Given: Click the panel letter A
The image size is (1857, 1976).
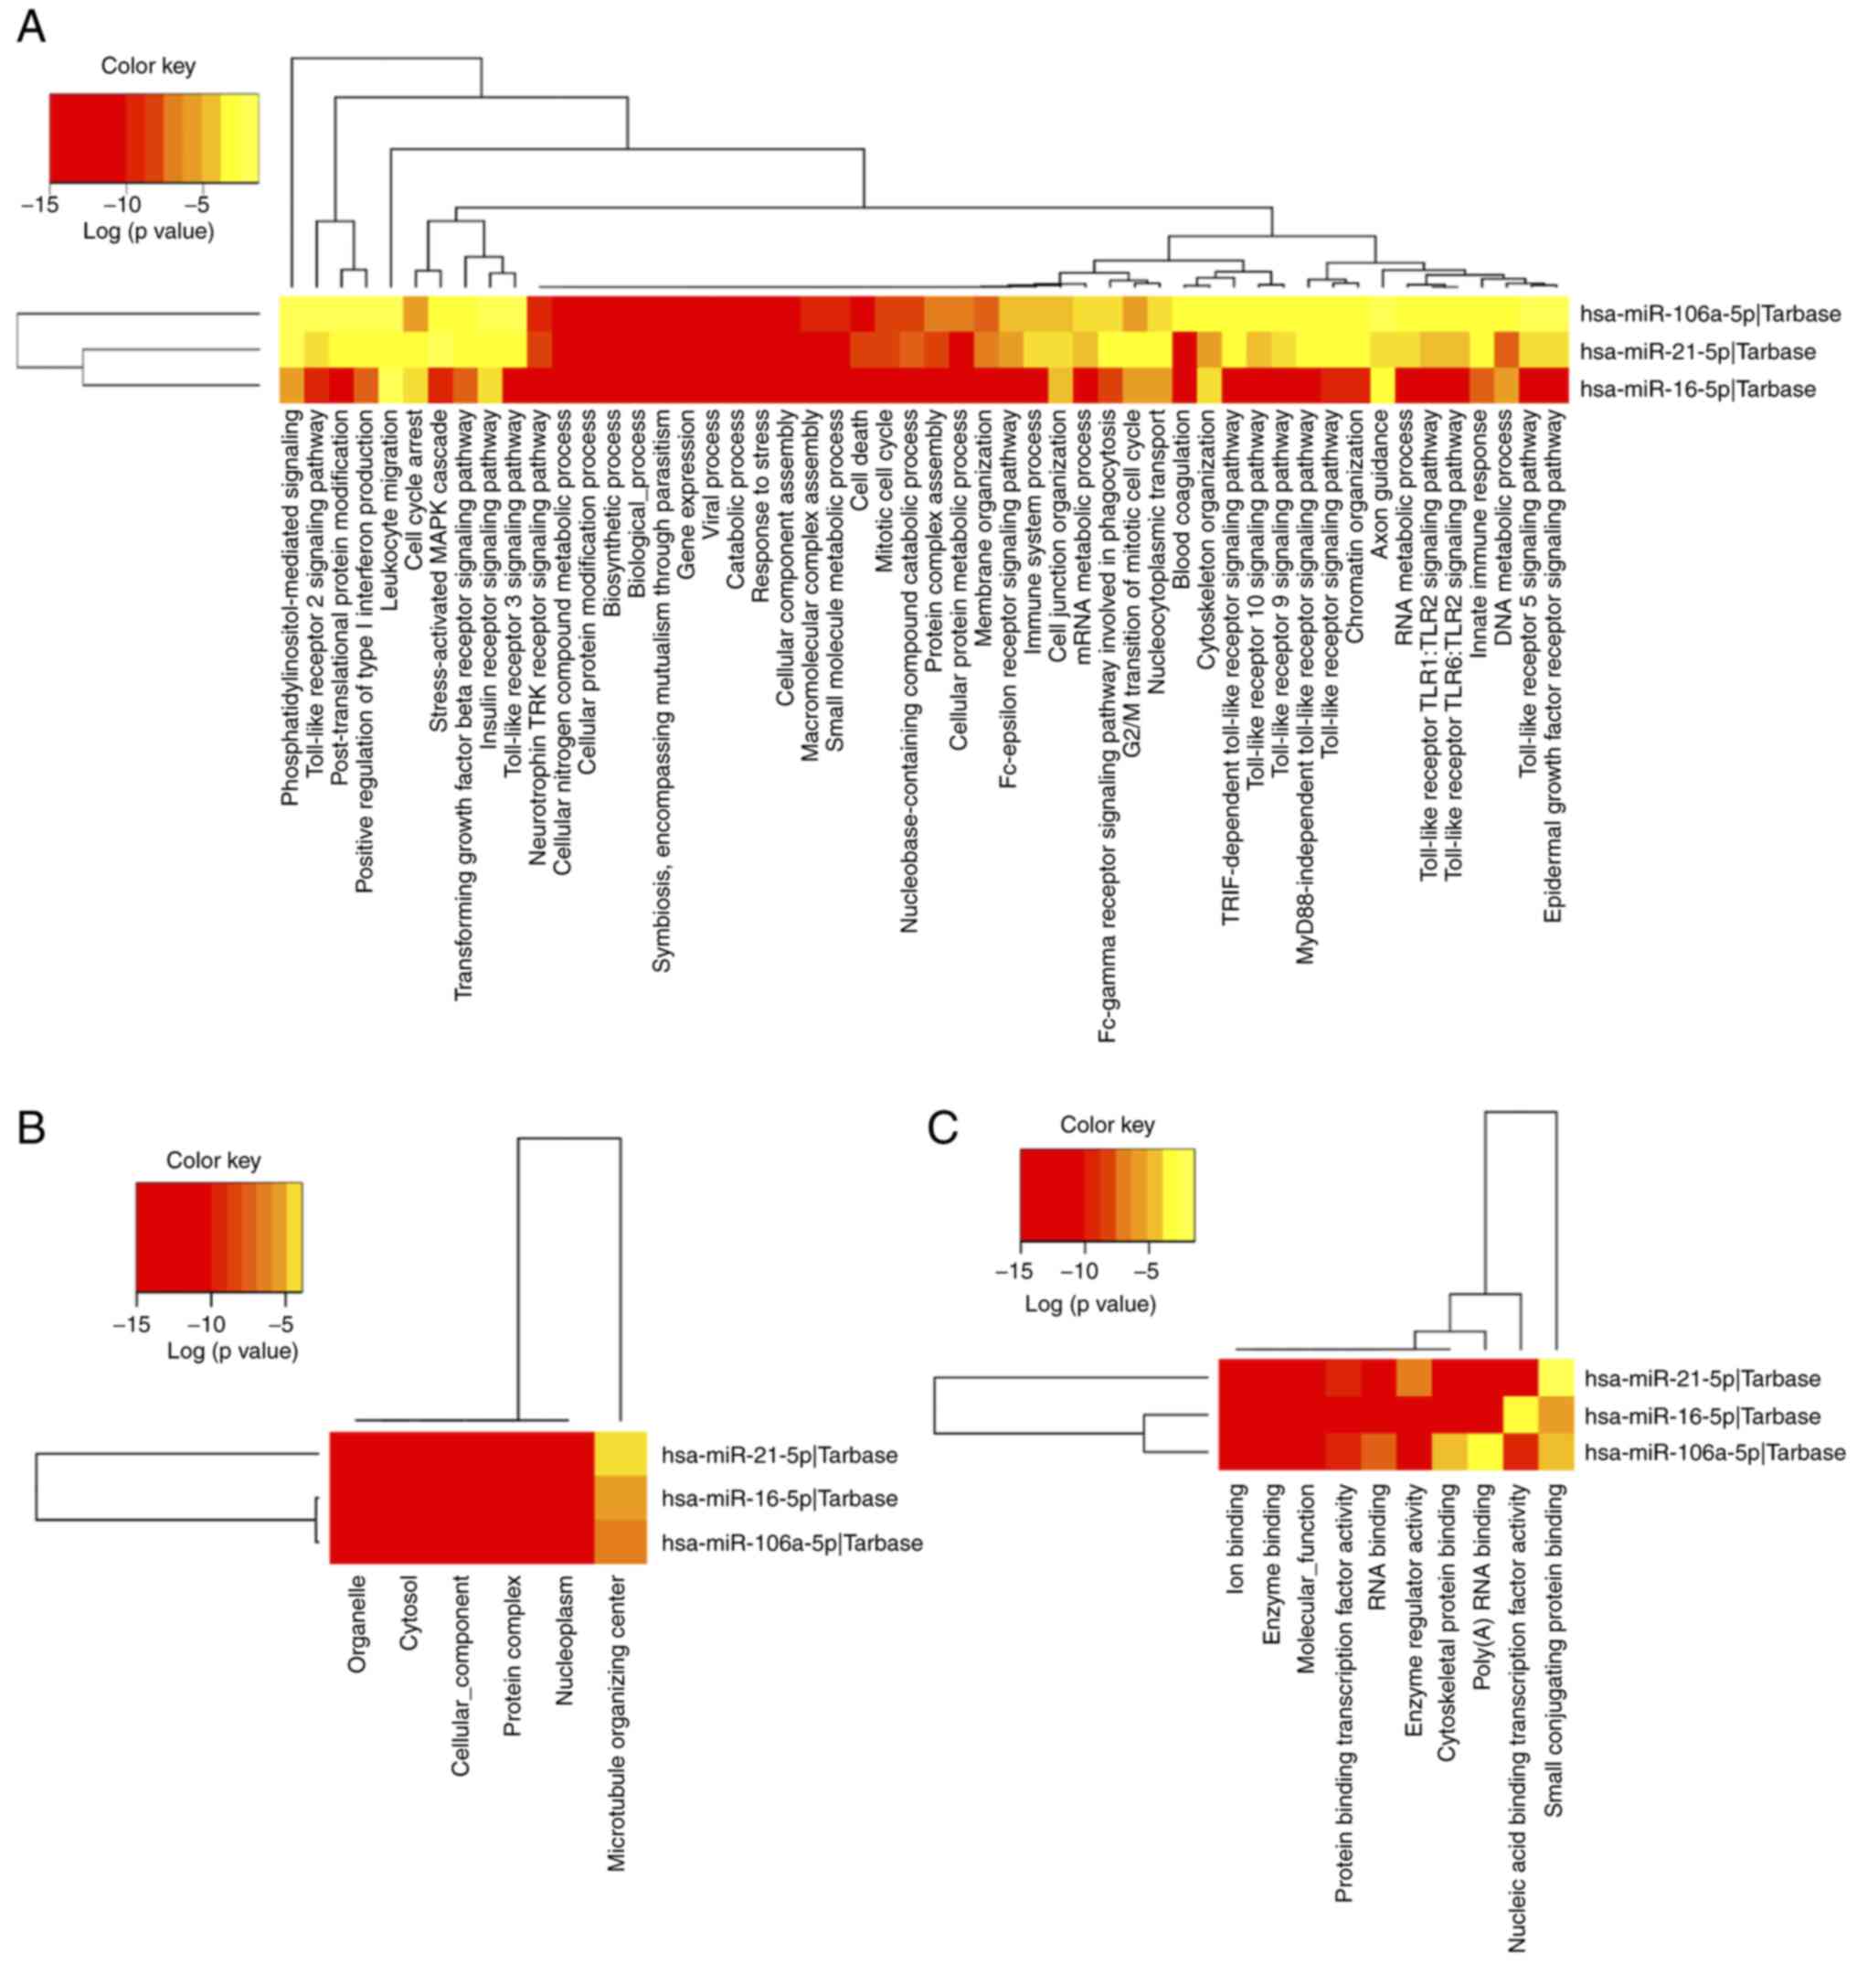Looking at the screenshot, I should (x=31, y=27).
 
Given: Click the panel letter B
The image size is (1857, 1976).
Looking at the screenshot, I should (x=31, y=1127).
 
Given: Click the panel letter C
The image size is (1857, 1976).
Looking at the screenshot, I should (x=942, y=1127).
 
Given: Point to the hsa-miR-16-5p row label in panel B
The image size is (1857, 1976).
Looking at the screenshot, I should (x=779, y=1498).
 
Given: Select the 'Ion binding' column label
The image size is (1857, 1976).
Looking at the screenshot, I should (x=1236, y=1539).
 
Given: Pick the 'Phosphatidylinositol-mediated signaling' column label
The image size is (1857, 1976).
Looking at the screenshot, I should (x=289, y=608).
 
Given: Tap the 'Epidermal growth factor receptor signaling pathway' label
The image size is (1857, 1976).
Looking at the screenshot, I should (x=1554, y=666).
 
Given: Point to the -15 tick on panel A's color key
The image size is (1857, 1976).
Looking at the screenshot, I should (x=39, y=205).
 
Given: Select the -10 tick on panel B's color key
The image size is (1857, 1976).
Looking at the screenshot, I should (x=207, y=1324).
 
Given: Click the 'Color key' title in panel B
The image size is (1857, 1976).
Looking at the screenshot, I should (x=213, y=1160).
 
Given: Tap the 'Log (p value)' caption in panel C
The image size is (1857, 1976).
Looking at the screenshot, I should (x=1090, y=1303).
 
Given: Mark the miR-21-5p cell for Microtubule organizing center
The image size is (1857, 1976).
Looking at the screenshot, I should (x=620, y=1454).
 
